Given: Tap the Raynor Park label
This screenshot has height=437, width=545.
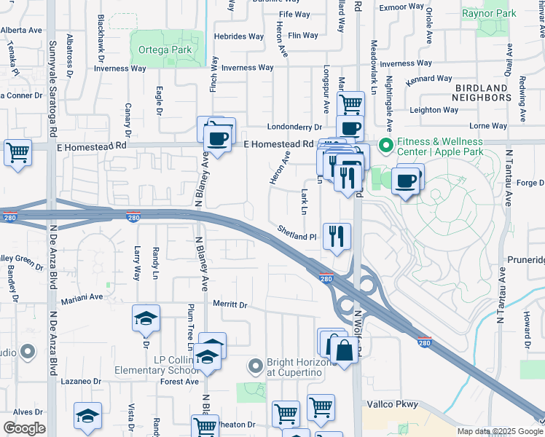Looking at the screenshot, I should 489,13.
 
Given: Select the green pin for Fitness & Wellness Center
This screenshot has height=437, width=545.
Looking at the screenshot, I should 385,143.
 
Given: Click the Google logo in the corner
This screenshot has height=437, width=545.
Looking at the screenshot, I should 24,428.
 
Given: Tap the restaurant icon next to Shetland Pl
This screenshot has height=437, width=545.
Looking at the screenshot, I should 337,235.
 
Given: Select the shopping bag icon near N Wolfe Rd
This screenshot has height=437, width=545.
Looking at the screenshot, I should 344,350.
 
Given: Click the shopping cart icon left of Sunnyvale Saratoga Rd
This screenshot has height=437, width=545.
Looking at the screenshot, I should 17,153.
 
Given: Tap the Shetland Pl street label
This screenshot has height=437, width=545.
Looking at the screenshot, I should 297,233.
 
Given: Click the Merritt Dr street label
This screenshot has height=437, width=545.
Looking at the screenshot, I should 230,304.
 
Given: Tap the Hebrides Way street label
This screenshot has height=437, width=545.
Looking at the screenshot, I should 238,36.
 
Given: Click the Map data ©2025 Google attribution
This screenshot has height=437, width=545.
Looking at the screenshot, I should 499,431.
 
